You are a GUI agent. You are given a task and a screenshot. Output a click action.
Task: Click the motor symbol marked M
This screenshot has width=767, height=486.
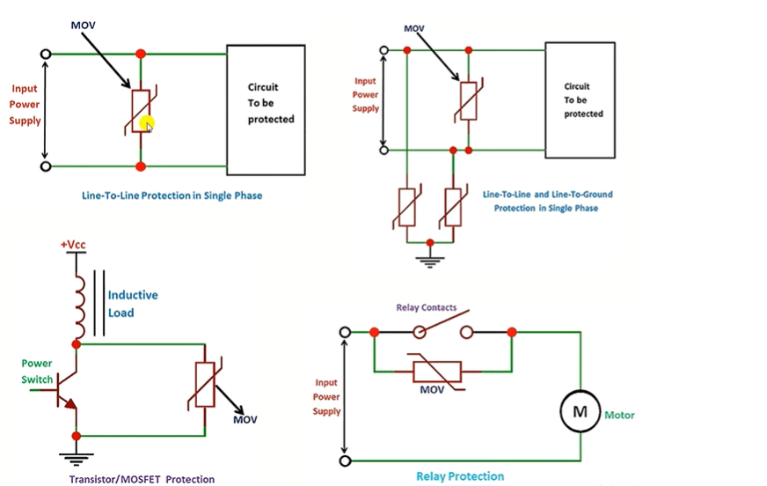tap(581, 411)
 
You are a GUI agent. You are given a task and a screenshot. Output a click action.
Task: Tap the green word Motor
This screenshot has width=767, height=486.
tap(619, 415)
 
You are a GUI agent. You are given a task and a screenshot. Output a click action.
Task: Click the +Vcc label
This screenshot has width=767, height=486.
tap(73, 244)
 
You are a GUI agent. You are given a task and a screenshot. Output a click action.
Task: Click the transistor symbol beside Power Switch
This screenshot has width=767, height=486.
tap(63, 390)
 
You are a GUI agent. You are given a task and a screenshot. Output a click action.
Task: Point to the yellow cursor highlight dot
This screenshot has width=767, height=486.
tap(146, 123)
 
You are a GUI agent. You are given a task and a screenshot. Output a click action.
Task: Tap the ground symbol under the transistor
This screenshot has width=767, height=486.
tap(77, 459)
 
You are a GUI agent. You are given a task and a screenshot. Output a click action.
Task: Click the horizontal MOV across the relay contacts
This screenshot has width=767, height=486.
tap(437, 372)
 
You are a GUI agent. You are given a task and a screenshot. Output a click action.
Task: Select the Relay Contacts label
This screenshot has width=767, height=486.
tap(426, 307)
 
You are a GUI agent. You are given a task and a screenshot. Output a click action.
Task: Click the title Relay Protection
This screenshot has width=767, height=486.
tap(460, 476)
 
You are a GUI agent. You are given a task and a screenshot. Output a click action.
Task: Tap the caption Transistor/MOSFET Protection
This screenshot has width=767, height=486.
tap(142, 479)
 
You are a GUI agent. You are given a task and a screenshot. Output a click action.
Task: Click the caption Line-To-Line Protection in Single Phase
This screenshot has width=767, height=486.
tap(172, 195)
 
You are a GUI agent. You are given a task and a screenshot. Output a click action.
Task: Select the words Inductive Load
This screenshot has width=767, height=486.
tap(133, 304)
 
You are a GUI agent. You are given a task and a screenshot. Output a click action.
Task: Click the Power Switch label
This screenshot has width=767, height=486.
tap(37, 371)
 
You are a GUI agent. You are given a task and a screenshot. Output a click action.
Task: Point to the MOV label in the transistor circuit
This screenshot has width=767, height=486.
tap(245, 419)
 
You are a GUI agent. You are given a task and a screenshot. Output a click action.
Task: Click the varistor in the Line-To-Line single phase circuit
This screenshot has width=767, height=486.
tap(141, 111)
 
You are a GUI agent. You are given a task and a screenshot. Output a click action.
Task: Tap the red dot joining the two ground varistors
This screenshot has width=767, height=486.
tap(430, 243)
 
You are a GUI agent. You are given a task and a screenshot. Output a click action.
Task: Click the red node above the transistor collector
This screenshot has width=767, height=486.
tap(77, 344)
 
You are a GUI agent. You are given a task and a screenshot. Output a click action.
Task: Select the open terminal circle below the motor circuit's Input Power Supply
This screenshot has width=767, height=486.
tap(345, 460)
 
